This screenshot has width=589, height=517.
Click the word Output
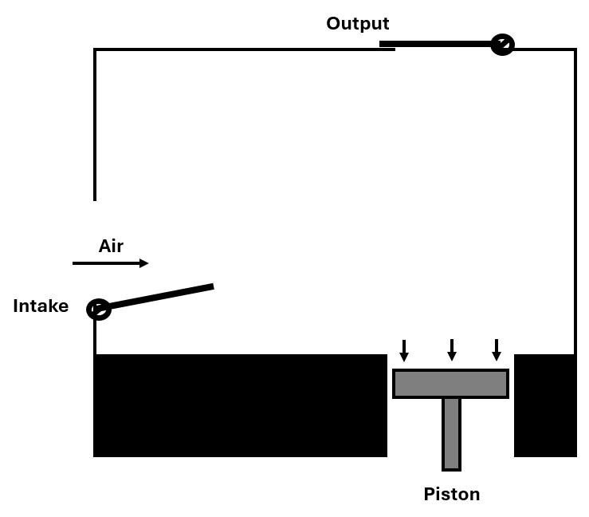(357, 24)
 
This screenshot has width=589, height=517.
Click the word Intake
(41, 306)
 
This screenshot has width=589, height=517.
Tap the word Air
(111, 246)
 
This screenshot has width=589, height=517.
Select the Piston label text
(451, 494)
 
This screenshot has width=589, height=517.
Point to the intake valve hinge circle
(98, 309)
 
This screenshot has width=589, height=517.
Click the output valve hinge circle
(502, 44)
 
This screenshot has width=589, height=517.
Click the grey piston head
(450, 384)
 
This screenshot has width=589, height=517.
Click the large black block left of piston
(240, 405)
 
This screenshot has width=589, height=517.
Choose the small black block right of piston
(545, 405)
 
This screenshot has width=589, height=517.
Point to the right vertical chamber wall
(575, 199)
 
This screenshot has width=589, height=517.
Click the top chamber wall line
(239, 49)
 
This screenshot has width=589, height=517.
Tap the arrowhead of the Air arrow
(144, 263)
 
